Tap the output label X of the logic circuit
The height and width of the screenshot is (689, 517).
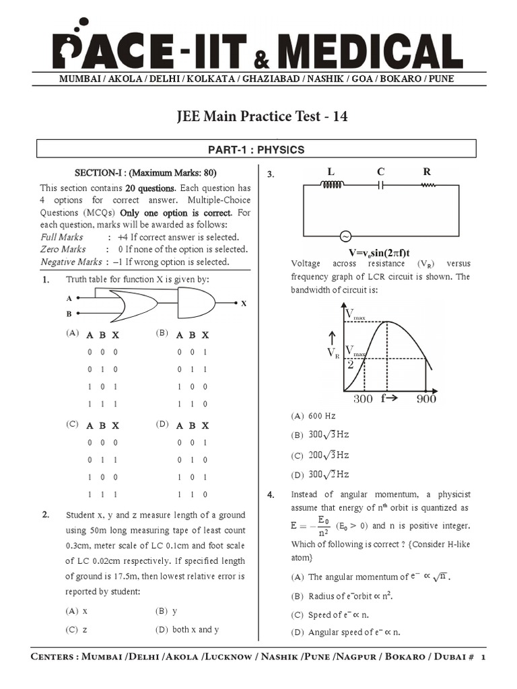[244, 304]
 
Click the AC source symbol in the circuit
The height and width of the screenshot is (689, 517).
[346, 237]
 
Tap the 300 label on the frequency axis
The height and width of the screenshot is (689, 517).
[362, 399]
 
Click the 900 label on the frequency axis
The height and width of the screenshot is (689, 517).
[425, 399]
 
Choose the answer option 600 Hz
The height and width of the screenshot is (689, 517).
[321, 416]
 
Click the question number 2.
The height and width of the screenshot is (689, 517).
[46, 515]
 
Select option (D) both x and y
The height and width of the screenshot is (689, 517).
[187, 630]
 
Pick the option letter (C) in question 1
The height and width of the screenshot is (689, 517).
[72, 425]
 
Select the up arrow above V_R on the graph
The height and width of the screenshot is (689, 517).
[331, 336]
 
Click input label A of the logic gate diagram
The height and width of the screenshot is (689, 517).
[69, 297]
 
